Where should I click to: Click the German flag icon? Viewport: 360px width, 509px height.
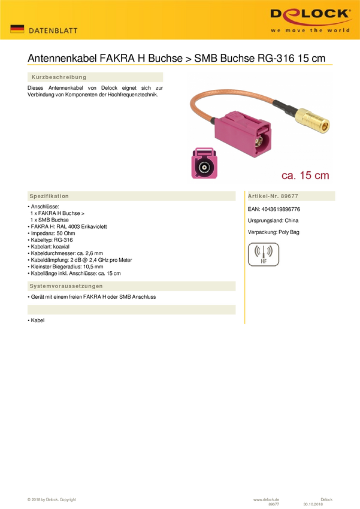17,29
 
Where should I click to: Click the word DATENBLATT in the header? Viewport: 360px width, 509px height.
53,31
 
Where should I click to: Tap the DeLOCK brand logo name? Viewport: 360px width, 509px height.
310,14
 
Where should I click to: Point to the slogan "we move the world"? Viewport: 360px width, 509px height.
310,30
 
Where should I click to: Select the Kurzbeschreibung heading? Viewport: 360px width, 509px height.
59,77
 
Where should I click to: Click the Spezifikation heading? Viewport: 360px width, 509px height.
49,196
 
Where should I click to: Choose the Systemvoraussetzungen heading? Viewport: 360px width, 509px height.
66,286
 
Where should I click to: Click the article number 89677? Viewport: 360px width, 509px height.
289,196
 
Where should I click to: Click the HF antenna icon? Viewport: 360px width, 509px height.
263,254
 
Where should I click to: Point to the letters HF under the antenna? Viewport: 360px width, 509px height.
263,262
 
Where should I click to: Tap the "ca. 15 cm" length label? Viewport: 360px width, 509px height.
305,175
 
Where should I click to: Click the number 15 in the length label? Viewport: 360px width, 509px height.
305,175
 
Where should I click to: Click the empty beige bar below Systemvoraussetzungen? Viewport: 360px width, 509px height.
131,310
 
